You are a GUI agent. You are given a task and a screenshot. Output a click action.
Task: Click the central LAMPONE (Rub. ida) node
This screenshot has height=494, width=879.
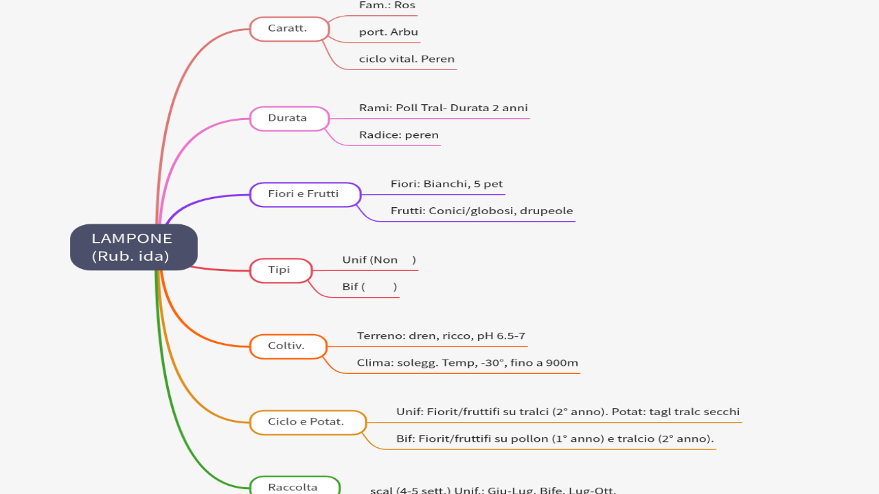[x=133, y=247]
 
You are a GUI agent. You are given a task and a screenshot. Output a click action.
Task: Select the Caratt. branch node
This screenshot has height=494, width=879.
[x=288, y=29]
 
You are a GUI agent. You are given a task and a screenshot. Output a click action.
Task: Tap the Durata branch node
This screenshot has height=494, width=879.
[x=288, y=118]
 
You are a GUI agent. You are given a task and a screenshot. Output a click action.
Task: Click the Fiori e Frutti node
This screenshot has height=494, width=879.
[x=304, y=194]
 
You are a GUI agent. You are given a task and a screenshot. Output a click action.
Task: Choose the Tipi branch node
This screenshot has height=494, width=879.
[x=279, y=270]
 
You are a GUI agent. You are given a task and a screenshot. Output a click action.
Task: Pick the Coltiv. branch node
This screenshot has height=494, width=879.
[x=286, y=346]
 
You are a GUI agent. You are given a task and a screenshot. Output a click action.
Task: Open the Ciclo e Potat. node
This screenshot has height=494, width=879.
[x=307, y=422]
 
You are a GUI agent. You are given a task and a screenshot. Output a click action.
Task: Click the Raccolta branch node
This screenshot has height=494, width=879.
[x=293, y=487]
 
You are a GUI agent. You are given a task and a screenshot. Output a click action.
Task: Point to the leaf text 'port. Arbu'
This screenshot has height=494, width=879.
[x=389, y=32]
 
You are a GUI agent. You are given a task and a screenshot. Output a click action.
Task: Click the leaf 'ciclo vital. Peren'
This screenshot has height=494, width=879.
[x=407, y=59]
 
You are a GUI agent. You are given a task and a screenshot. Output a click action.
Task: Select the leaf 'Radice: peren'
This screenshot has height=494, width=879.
[x=398, y=135]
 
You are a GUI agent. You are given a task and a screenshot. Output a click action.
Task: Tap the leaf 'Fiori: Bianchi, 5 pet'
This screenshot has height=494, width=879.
[x=446, y=184]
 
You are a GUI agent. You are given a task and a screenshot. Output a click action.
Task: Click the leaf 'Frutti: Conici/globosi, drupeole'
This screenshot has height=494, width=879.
[x=481, y=211]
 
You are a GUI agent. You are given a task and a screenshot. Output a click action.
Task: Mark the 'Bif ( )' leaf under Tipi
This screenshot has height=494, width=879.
[x=369, y=287]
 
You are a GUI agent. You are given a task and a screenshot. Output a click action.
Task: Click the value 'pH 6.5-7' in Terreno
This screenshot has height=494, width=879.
[x=501, y=336]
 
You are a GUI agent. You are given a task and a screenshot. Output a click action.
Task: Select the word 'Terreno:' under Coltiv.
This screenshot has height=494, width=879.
[x=380, y=336]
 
